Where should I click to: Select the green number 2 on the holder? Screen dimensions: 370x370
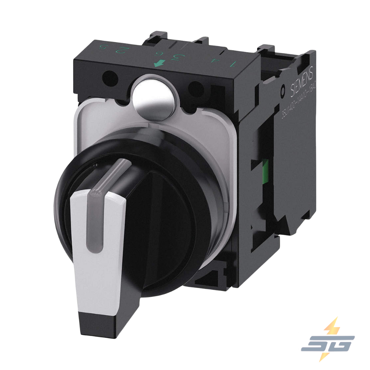[x=120, y=50]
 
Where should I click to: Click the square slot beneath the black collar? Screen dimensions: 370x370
[x=209, y=274]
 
